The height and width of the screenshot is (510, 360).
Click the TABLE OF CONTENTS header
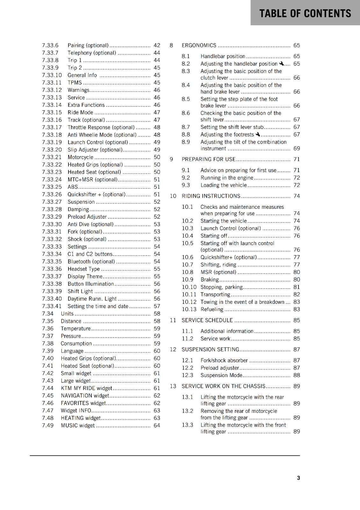pyautogui.click(x=305, y=13)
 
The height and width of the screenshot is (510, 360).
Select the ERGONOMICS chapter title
pyautogui.click(x=199, y=46)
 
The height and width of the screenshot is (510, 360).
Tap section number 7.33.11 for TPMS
pyautogui.click(x=52, y=83)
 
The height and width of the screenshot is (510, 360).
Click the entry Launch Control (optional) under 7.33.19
pyautogui.click(x=97, y=142)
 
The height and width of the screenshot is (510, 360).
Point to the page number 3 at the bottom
pyautogui.click(x=298, y=478)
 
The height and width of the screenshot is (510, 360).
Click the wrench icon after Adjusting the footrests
pyautogui.click(x=258, y=135)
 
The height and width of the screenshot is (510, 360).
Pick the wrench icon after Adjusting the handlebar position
pyautogui.click(x=281, y=63)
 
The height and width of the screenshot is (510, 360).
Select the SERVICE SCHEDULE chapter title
pyautogui.click(x=207, y=320)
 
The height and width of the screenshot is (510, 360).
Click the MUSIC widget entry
pyautogui.click(x=78, y=426)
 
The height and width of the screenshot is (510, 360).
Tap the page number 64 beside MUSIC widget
pyautogui.click(x=157, y=426)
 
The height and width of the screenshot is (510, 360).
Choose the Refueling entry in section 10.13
pyautogui.click(x=212, y=310)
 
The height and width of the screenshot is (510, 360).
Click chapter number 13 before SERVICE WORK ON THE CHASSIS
pyautogui.click(x=173, y=386)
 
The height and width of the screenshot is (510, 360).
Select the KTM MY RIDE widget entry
pyautogui.click(x=86, y=388)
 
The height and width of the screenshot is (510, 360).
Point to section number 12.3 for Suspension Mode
pyautogui.click(x=187, y=375)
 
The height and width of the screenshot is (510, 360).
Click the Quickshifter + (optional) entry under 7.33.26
pyautogui.click(x=96, y=194)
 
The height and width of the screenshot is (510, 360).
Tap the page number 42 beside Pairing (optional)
pyautogui.click(x=157, y=46)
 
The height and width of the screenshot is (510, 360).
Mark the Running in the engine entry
pyautogui.click(x=227, y=178)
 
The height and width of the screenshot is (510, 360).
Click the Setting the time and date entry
pyautogui.click(x=98, y=306)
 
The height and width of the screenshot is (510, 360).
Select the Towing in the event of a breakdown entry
pyautogui.click(x=242, y=302)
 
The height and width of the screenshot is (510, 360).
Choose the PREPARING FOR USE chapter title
pyautogui.click(x=208, y=159)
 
